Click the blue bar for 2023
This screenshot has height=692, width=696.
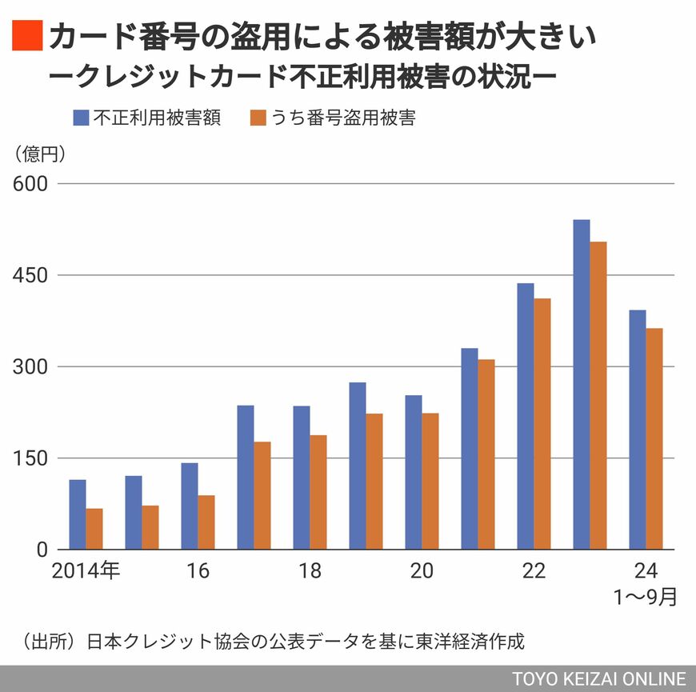tap(582, 384)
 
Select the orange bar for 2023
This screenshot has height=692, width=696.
tap(598, 395)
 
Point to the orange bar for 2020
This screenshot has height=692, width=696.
tap(430, 481)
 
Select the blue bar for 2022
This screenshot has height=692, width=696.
tap(526, 416)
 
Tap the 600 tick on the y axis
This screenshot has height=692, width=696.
tap(30, 184)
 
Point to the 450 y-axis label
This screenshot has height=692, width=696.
tap(30, 275)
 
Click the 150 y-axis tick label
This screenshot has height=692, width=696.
tap(30, 458)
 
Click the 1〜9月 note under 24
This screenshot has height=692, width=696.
tap(646, 597)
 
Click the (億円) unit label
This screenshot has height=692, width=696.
tap(38, 151)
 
